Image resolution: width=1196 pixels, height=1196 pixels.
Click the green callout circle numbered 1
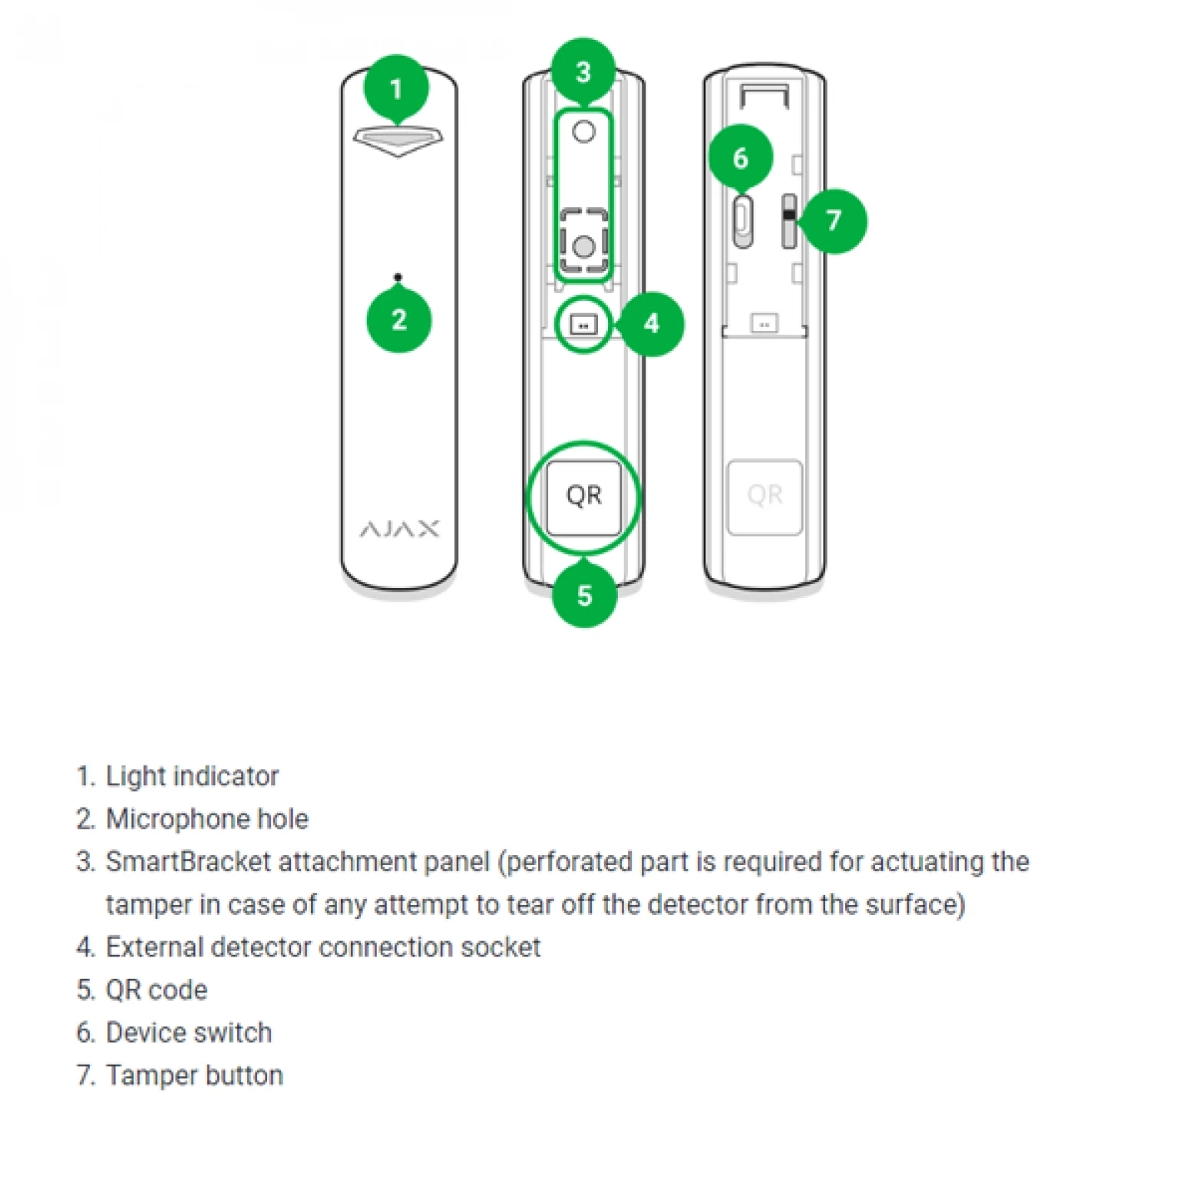click(396, 88)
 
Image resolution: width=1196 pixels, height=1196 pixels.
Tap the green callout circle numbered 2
click(398, 319)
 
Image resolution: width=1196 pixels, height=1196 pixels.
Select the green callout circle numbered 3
click(583, 71)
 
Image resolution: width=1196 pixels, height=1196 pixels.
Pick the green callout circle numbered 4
click(651, 323)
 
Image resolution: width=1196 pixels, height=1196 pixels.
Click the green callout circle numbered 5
click(584, 595)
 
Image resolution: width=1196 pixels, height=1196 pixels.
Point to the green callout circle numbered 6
click(740, 157)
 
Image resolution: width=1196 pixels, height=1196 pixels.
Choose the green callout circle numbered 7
click(834, 221)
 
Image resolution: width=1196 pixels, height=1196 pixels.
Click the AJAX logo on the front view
click(399, 529)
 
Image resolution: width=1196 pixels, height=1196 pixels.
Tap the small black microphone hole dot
click(398, 277)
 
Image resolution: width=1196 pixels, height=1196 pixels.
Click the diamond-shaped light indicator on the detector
click(398, 140)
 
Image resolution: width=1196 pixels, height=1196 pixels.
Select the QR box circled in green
click(583, 497)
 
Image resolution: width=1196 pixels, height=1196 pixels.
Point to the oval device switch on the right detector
click(742, 221)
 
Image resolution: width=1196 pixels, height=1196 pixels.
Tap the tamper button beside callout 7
click(788, 221)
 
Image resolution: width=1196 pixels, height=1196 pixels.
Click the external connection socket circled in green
click(583, 325)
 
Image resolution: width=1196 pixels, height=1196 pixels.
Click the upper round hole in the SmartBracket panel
click(584, 132)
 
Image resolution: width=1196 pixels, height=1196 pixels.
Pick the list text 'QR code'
click(157, 990)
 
